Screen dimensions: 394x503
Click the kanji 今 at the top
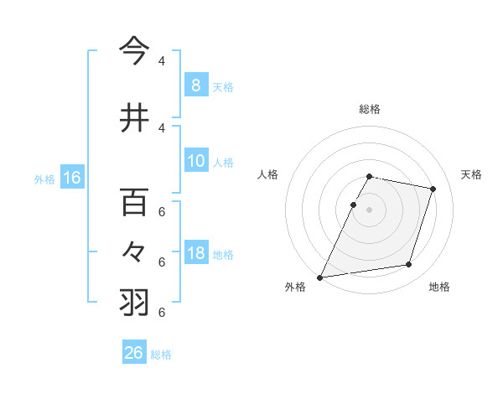(x=133, y=51)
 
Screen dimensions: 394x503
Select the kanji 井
(x=133, y=118)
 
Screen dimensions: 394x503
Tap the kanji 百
(x=133, y=202)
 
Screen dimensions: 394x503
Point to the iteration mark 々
(x=133, y=251)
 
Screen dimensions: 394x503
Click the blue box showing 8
(x=195, y=86)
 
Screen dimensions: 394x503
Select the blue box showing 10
(x=195, y=162)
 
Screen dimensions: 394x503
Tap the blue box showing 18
(x=195, y=254)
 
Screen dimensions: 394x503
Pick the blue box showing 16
(x=72, y=178)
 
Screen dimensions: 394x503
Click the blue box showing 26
(x=133, y=353)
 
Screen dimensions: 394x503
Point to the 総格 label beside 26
(x=161, y=355)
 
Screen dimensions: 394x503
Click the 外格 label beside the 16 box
(x=44, y=179)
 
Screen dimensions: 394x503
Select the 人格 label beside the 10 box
(x=223, y=163)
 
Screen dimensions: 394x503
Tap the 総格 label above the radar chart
(x=370, y=109)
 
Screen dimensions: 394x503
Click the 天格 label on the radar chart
(x=472, y=174)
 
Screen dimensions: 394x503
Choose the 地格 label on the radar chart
(x=439, y=288)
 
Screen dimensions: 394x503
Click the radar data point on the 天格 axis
(x=433, y=189)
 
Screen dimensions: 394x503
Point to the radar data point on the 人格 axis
(x=353, y=205)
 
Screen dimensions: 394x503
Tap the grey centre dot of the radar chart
(x=369, y=210)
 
